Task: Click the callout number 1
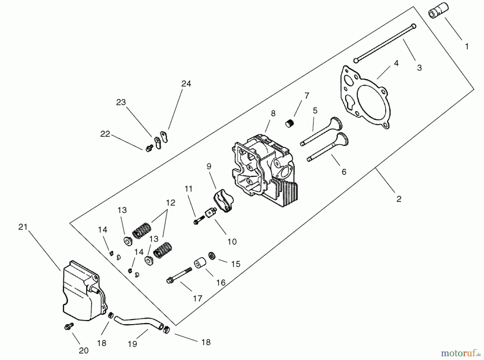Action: [x=467, y=46]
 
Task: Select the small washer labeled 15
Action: [x=212, y=256]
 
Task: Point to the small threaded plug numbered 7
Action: [x=289, y=124]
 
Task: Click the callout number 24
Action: [x=186, y=84]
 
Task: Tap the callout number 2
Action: [x=399, y=199]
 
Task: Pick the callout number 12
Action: [x=170, y=203]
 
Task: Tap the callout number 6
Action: [x=344, y=172]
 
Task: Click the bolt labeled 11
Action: [x=198, y=221]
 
